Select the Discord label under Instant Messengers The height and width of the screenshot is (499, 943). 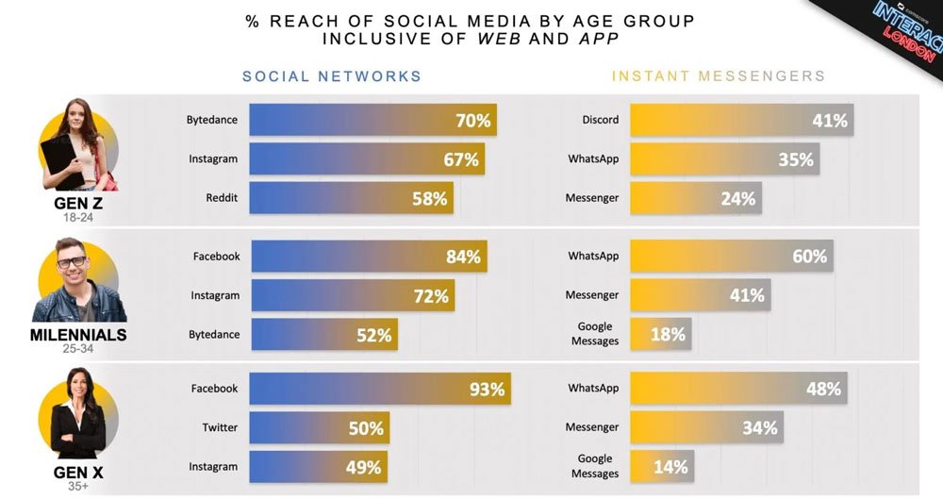coord(600,120)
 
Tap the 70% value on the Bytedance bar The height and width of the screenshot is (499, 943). coord(471,120)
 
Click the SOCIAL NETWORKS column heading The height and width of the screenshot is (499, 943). coord(332,76)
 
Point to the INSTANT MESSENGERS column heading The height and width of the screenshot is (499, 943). coord(719,76)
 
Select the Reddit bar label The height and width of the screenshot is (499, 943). coord(222,197)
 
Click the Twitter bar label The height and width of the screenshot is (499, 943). coord(220,427)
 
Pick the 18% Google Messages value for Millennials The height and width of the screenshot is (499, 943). coord(668,334)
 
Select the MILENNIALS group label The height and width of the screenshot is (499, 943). coord(79,335)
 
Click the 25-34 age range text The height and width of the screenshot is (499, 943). coord(79,349)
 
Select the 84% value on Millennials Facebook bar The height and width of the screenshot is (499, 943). coord(463,257)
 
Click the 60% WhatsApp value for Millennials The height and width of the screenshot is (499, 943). coord(809,257)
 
